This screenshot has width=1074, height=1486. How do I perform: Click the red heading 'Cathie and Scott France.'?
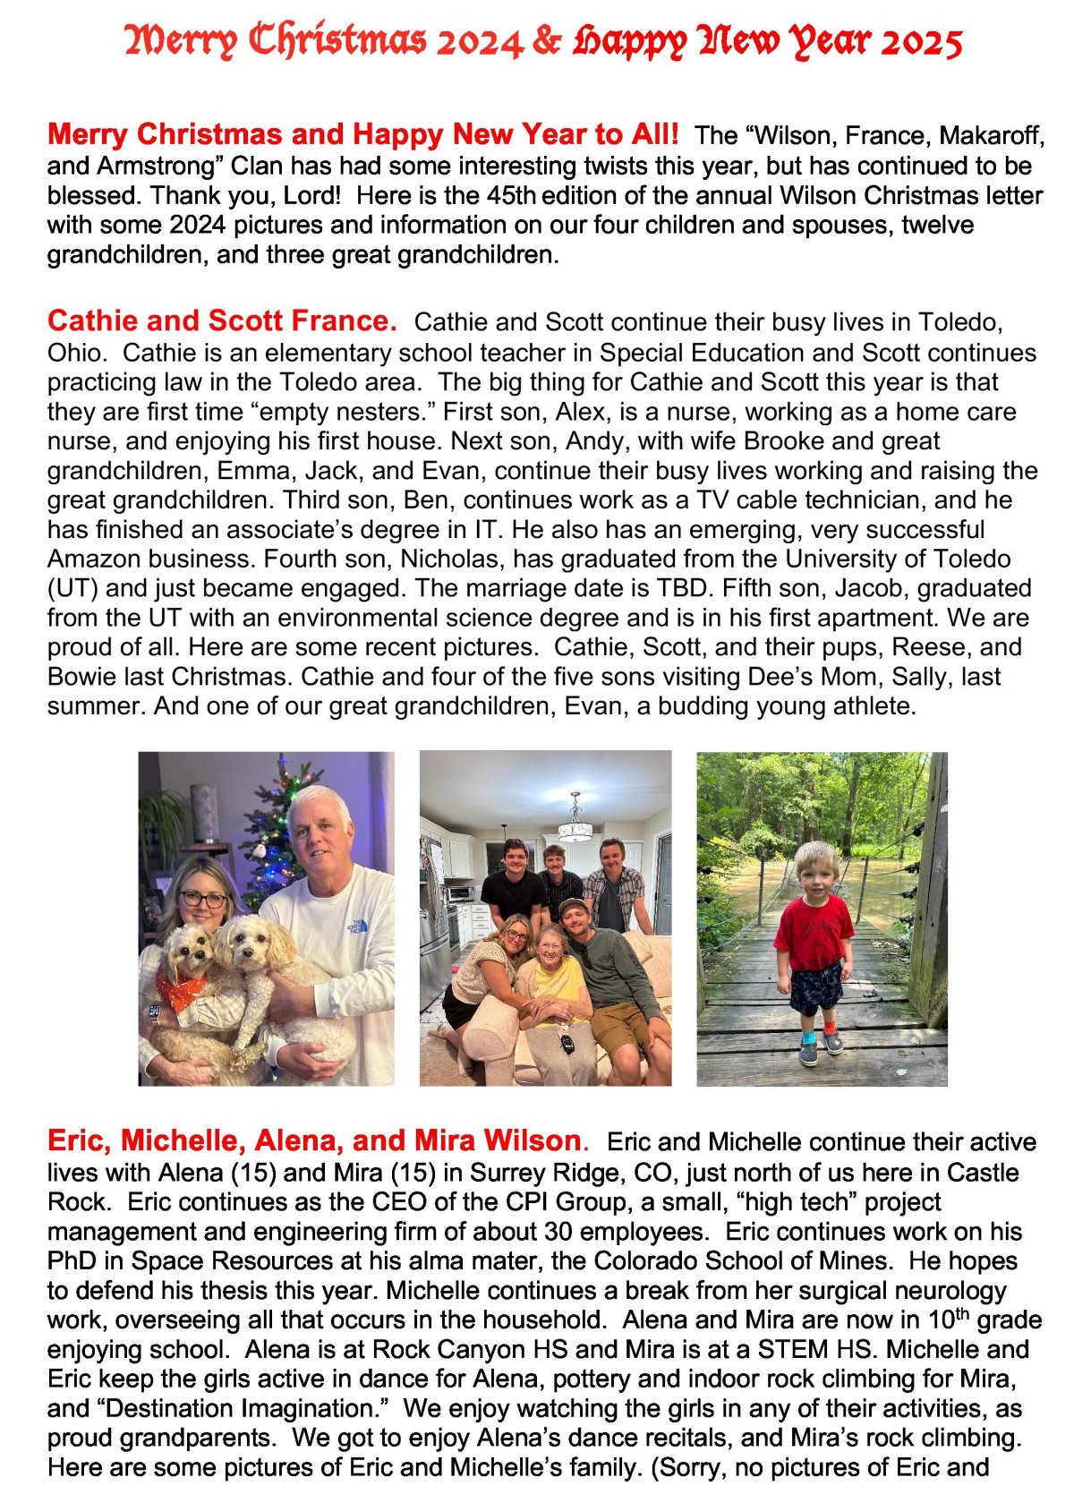coord(222,320)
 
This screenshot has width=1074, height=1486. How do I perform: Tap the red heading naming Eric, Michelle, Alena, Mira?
coord(314,1140)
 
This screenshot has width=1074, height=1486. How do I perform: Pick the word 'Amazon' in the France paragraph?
coord(92,559)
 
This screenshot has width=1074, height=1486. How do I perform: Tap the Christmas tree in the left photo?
coord(273,833)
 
